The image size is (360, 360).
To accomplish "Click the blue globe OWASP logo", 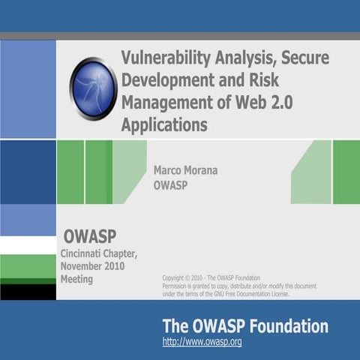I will tap(94, 88).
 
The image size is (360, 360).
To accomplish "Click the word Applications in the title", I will tap(164, 124).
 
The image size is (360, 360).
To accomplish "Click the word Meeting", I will tap(76, 279).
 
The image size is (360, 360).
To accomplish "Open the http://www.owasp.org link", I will tap(202, 342).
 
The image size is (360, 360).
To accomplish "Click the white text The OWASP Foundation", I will tap(245, 326).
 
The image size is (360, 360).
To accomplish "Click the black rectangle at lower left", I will tap(28, 292).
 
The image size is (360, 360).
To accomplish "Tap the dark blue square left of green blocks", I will tap(28, 172).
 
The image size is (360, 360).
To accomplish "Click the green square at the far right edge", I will tap(346, 172).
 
